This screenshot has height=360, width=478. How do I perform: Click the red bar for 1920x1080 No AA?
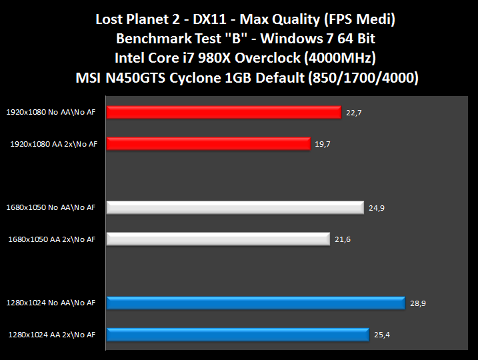(x=223, y=113)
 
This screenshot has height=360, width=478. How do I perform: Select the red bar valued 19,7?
(x=208, y=143)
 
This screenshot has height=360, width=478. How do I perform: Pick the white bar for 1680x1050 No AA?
(x=235, y=208)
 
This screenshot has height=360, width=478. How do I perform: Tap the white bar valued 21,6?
(x=218, y=239)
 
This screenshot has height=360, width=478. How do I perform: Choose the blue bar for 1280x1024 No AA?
(x=255, y=303)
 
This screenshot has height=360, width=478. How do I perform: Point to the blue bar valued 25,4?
(x=237, y=334)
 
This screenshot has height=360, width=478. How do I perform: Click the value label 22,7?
(x=353, y=113)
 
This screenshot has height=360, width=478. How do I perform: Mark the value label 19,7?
(x=323, y=143)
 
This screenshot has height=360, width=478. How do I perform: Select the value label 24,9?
(x=376, y=208)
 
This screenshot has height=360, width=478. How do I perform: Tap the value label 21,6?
(x=342, y=239)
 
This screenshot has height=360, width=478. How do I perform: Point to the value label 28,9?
(x=417, y=303)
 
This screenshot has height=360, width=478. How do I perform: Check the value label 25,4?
(x=382, y=334)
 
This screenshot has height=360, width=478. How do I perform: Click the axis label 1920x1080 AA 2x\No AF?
(x=53, y=143)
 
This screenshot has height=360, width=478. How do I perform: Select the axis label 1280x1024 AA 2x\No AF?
(x=53, y=334)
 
